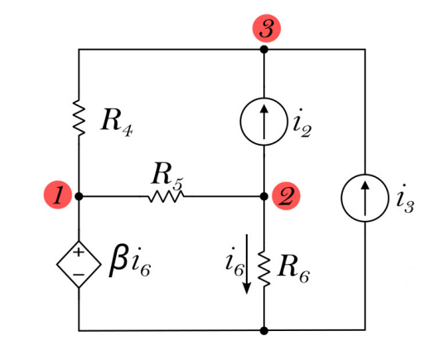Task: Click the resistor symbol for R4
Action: click(x=80, y=121)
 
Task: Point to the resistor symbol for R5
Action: click(x=166, y=197)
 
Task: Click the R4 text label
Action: click(x=117, y=122)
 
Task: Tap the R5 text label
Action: click(x=166, y=175)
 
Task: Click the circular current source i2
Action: click(x=263, y=124)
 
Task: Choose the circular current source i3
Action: click(x=365, y=197)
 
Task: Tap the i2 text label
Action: click(x=301, y=126)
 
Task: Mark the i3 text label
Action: click(x=405, y=199)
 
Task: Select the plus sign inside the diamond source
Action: click(x=80, y=252)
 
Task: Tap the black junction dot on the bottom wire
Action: click(x=264, y=330)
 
